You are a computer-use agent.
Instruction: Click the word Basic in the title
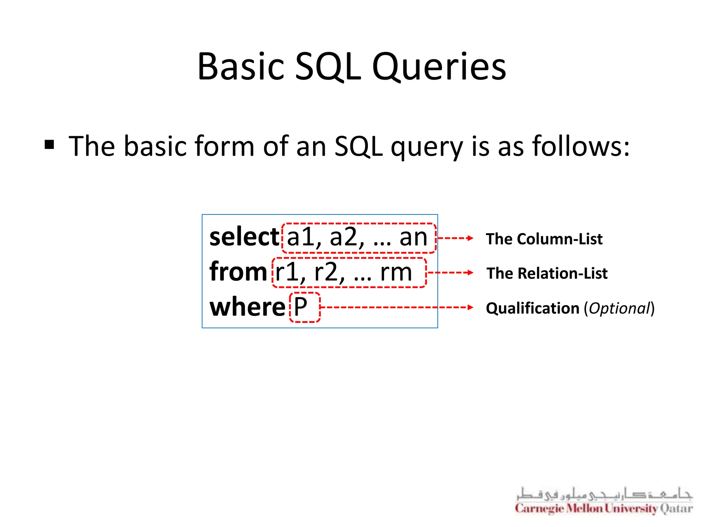point(241,67)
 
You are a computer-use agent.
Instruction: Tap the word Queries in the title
point(439,67)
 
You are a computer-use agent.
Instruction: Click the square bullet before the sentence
point(49,145)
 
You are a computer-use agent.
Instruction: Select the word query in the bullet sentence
point(427,147)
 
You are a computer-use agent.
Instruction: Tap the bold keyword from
point(238,272)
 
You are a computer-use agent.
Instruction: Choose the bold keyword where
point(247,307)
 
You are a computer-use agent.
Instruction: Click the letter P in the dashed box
point(301,307)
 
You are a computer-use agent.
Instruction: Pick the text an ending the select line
point(413,237)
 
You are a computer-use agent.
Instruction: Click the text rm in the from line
point(396,272)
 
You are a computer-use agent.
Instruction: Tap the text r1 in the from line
point(286,272)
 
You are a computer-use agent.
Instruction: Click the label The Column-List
point(544,239)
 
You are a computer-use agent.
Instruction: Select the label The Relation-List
point(547,273)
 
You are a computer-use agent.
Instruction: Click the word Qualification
point(532,308)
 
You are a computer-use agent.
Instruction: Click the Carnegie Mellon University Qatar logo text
point(604,508)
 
